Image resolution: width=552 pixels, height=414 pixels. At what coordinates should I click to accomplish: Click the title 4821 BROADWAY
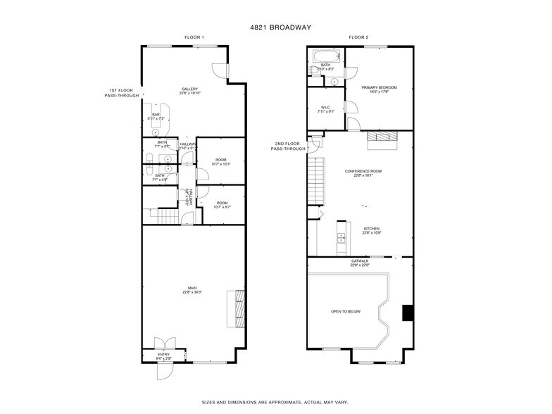(275, 27)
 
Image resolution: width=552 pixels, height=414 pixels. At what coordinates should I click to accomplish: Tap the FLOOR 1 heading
(194, 37)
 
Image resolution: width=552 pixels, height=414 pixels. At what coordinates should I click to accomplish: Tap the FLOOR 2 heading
(359, 37)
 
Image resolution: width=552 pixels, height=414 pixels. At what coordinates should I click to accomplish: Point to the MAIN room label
(192, 289)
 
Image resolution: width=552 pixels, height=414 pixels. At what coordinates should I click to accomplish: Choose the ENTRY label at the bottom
(163, 356)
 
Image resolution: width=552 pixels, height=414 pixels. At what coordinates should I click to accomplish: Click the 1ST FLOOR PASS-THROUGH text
(120, 92)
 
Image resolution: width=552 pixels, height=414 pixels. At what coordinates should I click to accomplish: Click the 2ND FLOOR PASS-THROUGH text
(290, 146)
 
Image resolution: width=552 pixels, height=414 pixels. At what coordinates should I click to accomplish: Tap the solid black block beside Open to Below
(407, 313)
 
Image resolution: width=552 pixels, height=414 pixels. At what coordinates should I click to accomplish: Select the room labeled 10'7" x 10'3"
(220, 162)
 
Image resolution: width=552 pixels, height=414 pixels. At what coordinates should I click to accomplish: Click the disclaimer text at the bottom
(275, 401)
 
